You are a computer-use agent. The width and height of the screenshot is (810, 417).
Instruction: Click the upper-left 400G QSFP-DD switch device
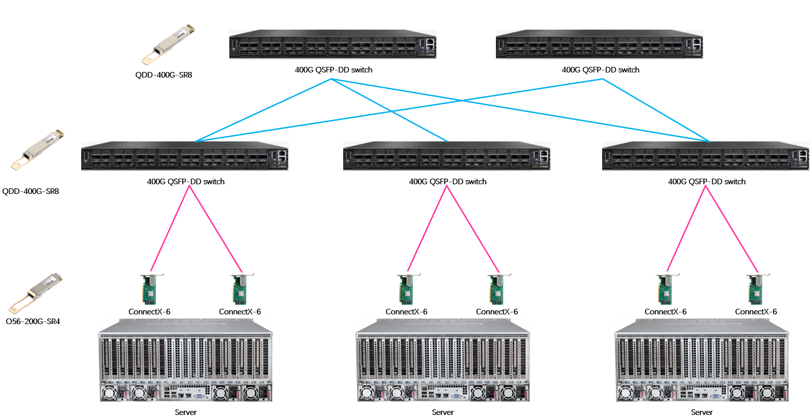coord(333,44)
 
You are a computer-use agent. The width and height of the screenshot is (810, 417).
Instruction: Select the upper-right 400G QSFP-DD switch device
coord(600,44)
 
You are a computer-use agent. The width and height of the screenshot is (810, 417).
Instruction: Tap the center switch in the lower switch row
coord(447,156)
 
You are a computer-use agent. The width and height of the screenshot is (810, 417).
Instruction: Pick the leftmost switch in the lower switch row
coord(185,156)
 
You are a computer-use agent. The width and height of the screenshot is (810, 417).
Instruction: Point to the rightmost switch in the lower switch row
coord(706,156)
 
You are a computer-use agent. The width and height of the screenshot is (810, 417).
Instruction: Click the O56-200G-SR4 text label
coord(33,322)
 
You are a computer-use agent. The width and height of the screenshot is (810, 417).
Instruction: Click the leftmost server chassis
coord(185,360)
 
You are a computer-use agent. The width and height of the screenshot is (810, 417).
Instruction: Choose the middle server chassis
coord(443,360)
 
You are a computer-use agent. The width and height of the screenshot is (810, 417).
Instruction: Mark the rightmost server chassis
coord(702,360)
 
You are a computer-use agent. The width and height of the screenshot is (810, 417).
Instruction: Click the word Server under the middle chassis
coord(443,412)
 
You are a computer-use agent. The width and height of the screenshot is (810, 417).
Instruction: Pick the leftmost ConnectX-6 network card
coord(150,289)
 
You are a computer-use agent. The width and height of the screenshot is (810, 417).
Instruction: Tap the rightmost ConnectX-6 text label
coord(756,312)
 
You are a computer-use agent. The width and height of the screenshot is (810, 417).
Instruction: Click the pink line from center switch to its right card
coord(472,228)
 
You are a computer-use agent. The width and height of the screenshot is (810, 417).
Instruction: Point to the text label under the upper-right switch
coord(601,70)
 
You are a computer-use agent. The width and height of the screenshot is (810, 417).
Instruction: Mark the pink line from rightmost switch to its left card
coord(686,228)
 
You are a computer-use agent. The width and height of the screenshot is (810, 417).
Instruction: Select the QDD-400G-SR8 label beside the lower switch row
coord(31,191)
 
